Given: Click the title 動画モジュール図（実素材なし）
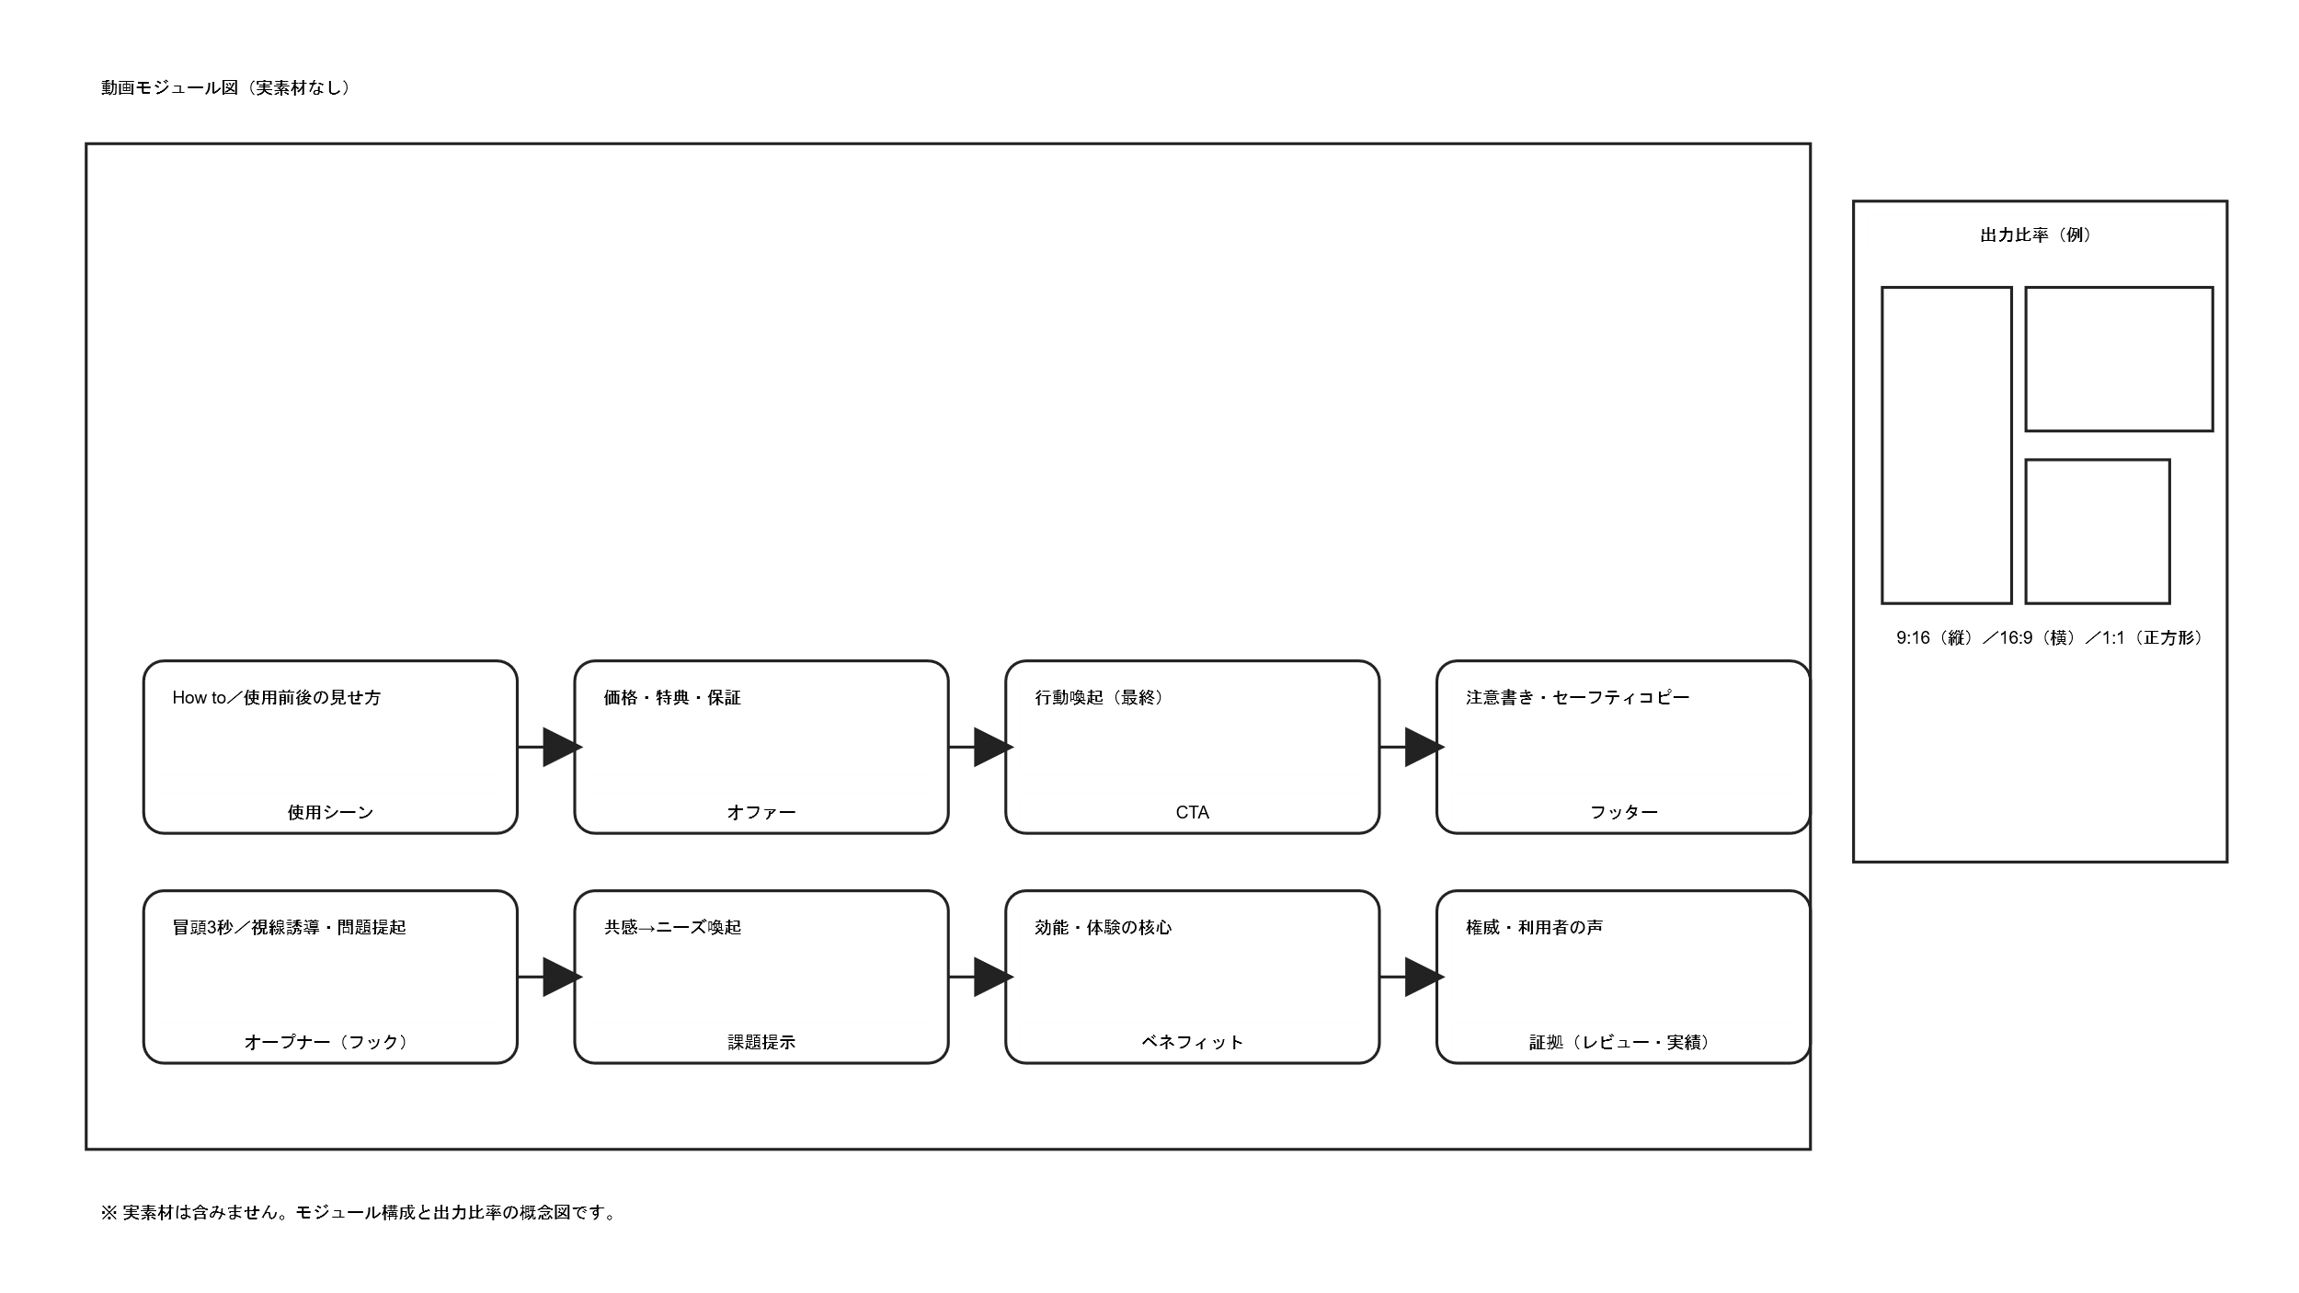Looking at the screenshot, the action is tap(225, 88).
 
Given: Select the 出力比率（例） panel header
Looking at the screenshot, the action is tap(2039, 235).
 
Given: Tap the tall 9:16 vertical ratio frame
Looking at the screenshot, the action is tap(1946, 445).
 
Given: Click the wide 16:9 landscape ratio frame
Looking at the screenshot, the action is tap(2118, 359).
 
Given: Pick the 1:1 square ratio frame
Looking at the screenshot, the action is tap(2097, 532).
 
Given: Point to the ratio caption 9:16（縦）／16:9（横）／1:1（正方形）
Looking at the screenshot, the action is tap(2047, 637).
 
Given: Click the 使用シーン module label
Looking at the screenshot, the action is tap(330, 812).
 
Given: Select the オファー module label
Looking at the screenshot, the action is tap(761, 812).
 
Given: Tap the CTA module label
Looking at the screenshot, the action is tap(1192, 812).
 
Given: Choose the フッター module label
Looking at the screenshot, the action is tap(1623, 812).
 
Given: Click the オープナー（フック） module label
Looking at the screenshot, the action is tap(330, 1042).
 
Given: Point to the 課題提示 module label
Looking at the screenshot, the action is tap(761, 1042).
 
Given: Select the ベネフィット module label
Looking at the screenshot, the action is tap(1192, 1042).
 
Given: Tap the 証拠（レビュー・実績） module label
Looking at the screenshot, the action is tap(1623, 1042).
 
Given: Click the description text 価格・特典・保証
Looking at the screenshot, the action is tap(672, 698).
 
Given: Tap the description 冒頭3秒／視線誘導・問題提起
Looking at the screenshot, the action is tap(289, 928).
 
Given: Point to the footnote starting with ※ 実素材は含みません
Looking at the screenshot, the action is tap(359, 1212).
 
